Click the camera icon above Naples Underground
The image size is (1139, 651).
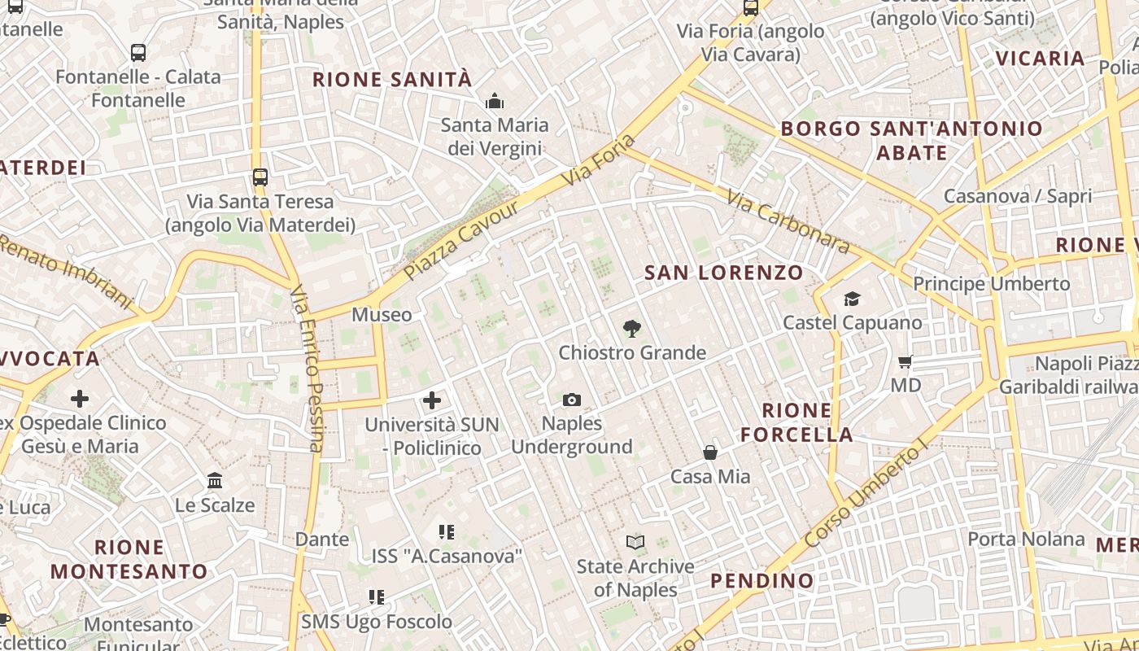(572, 400)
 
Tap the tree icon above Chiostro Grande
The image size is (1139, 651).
(631, 329)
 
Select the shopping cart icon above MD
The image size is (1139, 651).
(906, 361)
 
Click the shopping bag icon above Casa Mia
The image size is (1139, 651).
(710, 452)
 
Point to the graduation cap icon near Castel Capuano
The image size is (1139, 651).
(852, 299)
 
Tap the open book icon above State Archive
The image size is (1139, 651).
(635, 542)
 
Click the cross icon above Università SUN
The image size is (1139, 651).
(432, 400)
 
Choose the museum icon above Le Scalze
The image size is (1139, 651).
(215, 481)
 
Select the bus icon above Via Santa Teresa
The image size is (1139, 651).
(260, 177)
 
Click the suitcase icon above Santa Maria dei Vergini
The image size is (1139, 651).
(494, 102)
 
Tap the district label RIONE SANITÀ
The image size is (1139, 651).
(392, 80)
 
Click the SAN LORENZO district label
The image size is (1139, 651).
(724, 273)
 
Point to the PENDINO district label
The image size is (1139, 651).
(762, 581)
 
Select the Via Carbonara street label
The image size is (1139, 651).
(788, 221)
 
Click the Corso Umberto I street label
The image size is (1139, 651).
(866, 495)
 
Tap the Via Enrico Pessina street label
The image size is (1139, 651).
(308, 368)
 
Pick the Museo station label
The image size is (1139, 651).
(382, 314)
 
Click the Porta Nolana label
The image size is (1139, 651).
(1026, 539)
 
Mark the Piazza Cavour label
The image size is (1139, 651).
(461, 240)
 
